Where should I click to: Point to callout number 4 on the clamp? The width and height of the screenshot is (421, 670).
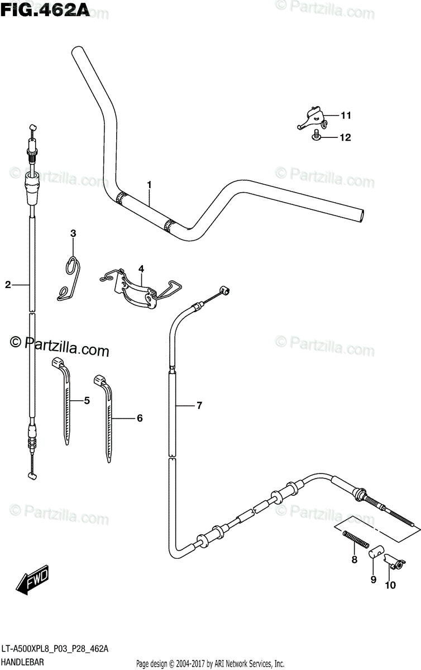[141, 269]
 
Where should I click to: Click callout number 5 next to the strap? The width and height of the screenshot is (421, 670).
[87, 400]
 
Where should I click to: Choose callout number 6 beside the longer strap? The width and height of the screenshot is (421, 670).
[140, 418]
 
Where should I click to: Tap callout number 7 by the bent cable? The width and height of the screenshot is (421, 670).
[199, 405]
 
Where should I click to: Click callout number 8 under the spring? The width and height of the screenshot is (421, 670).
[353, 560]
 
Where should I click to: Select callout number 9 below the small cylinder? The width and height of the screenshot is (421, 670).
[373, 580]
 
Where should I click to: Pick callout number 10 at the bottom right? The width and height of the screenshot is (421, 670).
[390, 585]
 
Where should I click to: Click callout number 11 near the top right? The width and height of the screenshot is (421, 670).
[346, 116]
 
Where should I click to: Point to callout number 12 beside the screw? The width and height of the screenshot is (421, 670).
[346, 137]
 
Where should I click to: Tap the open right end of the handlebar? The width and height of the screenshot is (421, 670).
[361, 214]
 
